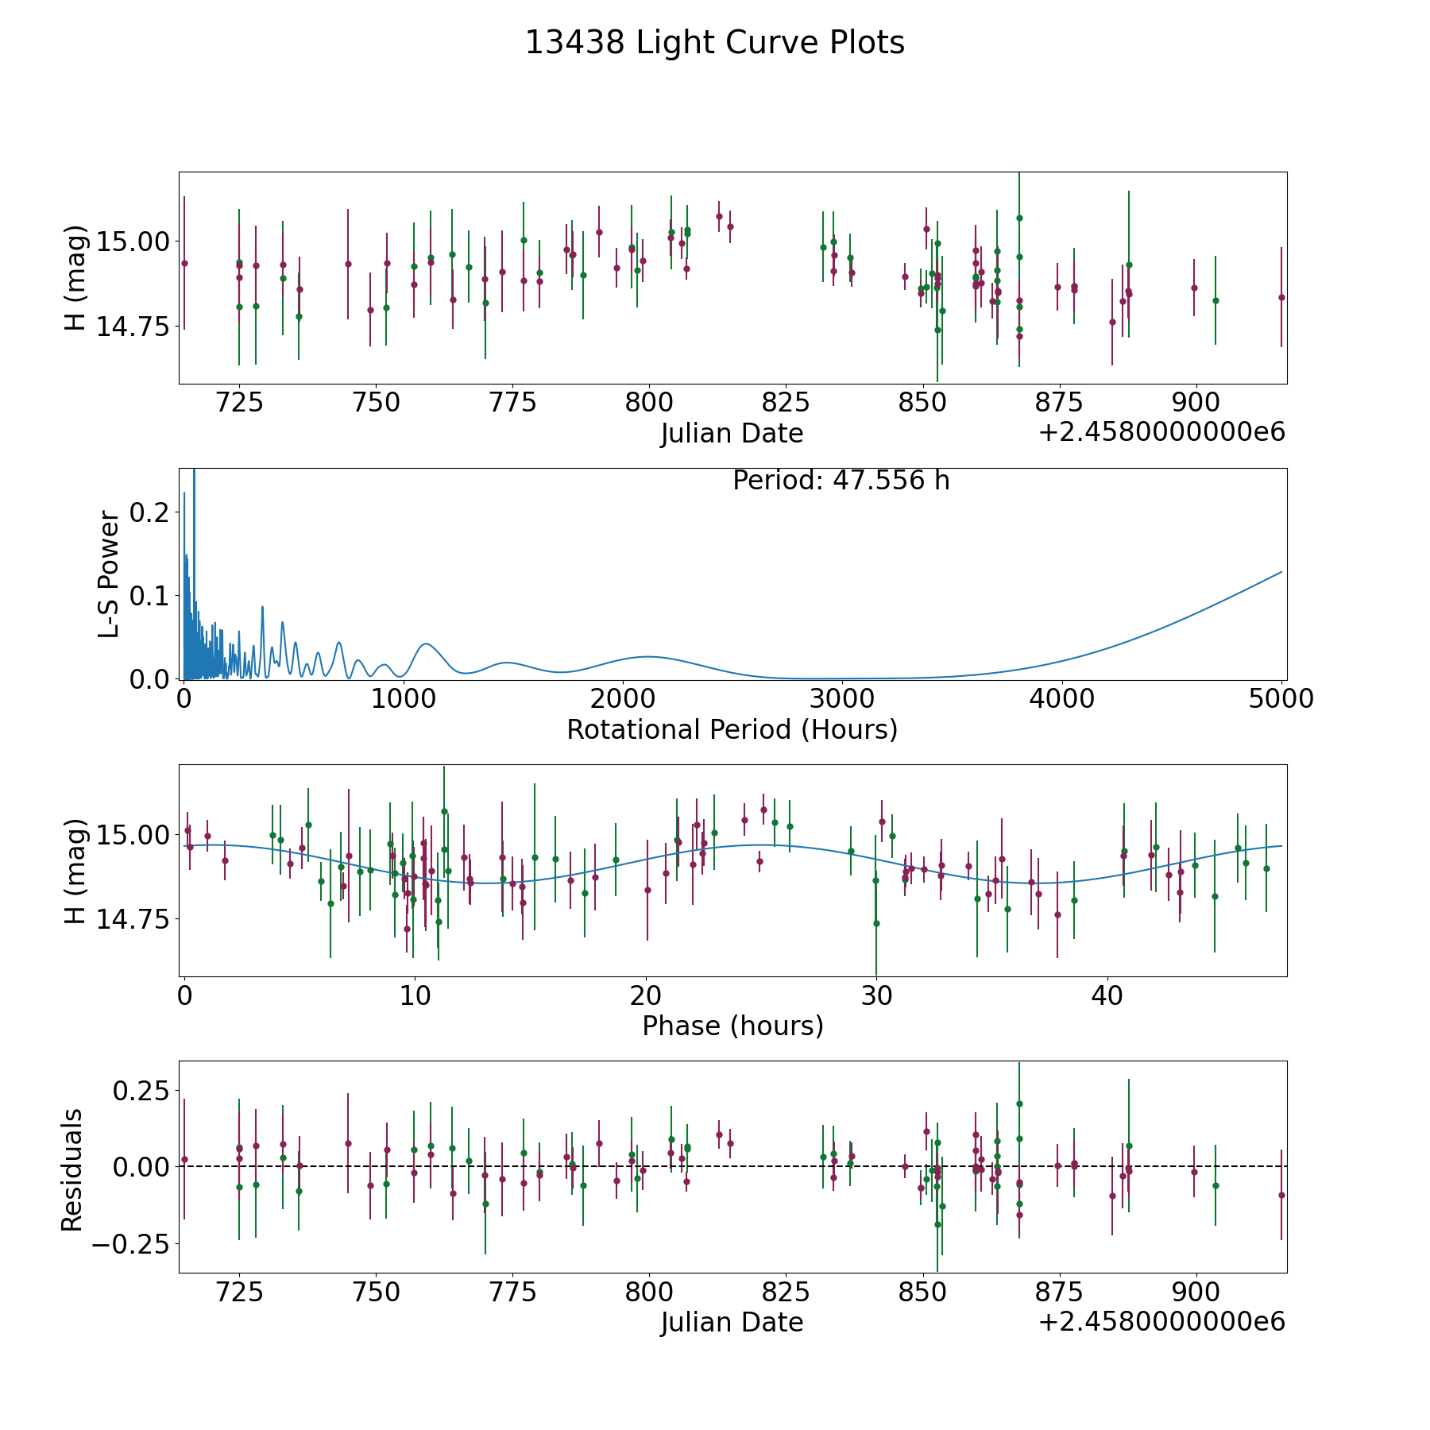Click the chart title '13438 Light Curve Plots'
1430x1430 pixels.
pos(715,43)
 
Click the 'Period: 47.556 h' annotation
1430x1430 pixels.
pos(841,481)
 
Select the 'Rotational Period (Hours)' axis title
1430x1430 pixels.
pos(732,729)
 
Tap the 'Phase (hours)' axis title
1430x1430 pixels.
pos(732,1026)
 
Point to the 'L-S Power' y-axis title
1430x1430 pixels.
pos(110,574)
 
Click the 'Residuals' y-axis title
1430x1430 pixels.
pos(72,1170)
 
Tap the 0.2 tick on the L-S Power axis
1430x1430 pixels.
pos(150,512)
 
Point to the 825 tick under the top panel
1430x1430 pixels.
pos(786,403)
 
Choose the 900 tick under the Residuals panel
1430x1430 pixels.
pos(1196,1292)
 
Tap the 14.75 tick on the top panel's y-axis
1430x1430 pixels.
pos(133,327)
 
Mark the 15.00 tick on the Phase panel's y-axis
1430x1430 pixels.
pos(133,834)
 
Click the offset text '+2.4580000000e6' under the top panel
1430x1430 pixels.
pos(1162,433)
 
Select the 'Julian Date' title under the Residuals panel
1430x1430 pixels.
pos(732,1323)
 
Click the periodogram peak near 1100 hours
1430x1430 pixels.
pos(426,643)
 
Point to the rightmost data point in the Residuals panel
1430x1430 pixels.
pos(1281,1195)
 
